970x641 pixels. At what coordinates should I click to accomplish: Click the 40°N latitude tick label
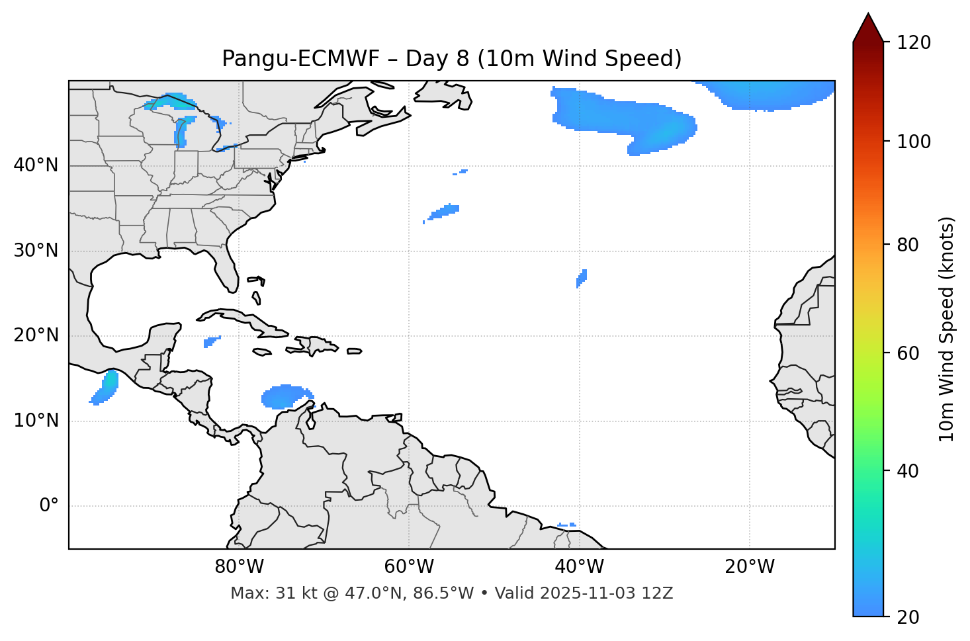[x=36, y=165]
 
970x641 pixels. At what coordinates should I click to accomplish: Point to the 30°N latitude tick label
[x=36, y=251]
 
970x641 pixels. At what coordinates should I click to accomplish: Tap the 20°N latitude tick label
[x=36, y=335]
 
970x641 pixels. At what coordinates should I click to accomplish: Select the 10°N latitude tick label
[x=36, y=421]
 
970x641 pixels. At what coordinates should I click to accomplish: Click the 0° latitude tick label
[x=49, y=506]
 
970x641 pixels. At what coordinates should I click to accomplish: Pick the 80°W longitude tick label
[x=239, y=567]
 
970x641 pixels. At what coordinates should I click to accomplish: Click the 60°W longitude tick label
[x=409, y=567]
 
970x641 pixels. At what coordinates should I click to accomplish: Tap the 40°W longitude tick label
[x=579, y=567]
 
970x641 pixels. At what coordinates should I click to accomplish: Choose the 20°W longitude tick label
[x=750, y=567]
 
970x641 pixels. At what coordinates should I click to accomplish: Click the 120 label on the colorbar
[x=914, y=43]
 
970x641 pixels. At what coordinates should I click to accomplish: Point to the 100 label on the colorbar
[x=914, y=142]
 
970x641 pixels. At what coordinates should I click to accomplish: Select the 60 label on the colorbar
[x=908, y=353]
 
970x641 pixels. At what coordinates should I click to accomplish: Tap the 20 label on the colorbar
[x=908, y=617]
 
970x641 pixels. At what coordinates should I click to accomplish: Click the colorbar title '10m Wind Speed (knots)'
[x=947, y=329]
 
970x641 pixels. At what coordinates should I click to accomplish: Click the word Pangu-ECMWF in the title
[x=300, y=59]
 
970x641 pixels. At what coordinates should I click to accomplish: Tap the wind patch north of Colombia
[x=286, y=396]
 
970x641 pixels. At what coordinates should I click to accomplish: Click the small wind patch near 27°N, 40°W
[x=582, y=278]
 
